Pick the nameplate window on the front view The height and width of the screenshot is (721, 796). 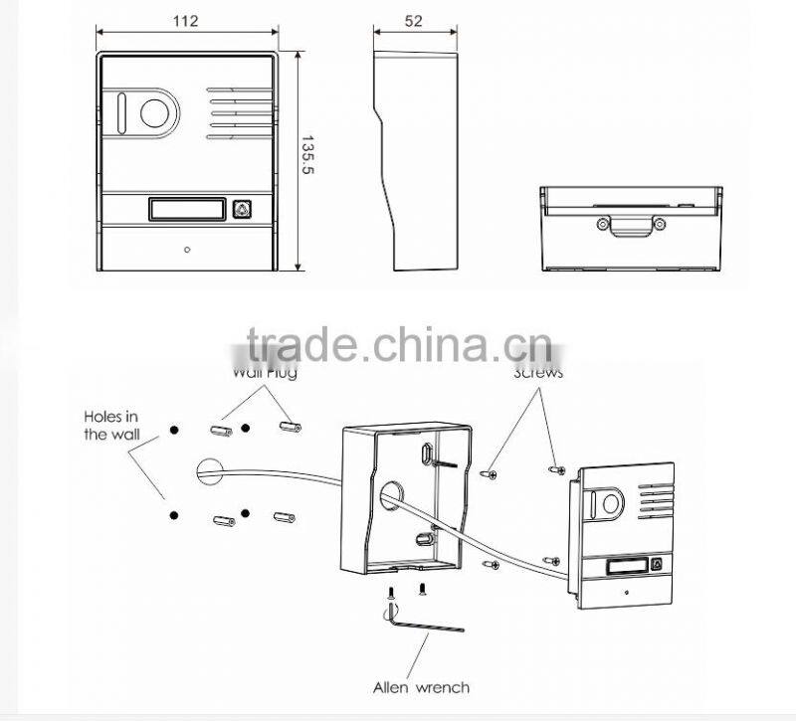(x=184, y=209)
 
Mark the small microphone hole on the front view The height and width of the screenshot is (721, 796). (x=185, y=251)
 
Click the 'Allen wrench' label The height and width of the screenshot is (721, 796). (x=421, y=686)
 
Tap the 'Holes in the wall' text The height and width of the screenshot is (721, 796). (x=113, y=426)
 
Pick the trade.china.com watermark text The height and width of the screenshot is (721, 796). (x=398, y=345)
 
